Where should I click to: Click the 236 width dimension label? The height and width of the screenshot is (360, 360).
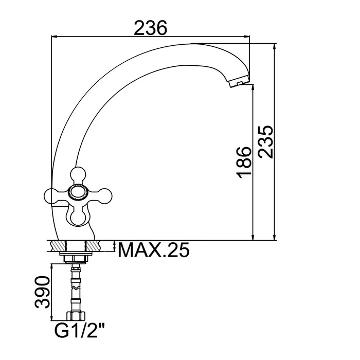[150, 28]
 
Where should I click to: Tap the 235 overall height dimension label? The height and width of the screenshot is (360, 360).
[265, 142]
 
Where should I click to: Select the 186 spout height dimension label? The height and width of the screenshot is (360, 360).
[244, 163]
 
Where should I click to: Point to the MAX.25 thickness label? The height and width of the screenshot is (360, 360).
[154, 250]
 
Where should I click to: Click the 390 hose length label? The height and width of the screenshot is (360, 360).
[42, 292]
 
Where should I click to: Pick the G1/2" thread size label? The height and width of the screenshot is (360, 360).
[80, 330]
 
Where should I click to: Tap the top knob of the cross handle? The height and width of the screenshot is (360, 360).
[78, 174]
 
